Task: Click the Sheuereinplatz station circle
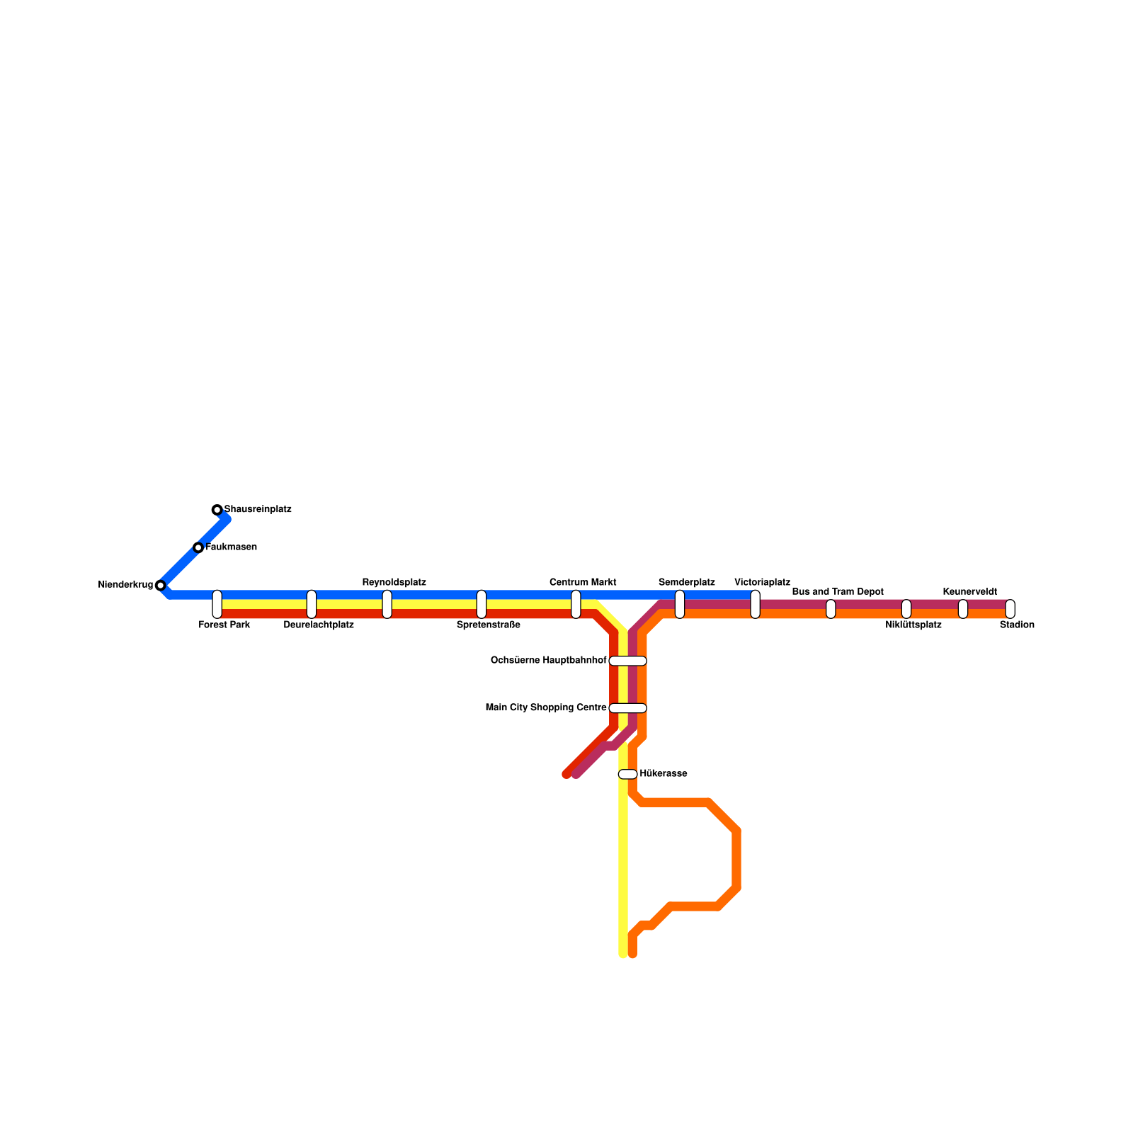(x=217, y=510)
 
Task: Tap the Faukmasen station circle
(x=198, y=547)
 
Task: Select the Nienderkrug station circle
(x=161, y=585)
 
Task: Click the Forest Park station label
(x=224, y=625)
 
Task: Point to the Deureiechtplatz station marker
(x=312, y=604)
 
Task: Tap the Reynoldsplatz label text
(x=394, y=583)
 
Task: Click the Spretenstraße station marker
(x=482, y=604)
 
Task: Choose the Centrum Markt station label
(x=583, y=583)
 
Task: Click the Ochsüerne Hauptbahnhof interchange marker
(x=628, y=661)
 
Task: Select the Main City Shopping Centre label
(x=546, y=707)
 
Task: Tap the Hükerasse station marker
(x=628, y=774)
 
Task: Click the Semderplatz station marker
(x=680, y=604)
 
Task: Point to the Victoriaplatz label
(x=762, y=583)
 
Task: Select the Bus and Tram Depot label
(x=838, y=592)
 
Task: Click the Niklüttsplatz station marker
(x=906, y=609)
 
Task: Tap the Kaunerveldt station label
(x=969, y=592)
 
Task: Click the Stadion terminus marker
(x=1010, y=609)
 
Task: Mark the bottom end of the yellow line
(x=623, y=954)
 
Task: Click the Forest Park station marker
(x=217, y=604)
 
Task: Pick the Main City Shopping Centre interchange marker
(x=628, y=707)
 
